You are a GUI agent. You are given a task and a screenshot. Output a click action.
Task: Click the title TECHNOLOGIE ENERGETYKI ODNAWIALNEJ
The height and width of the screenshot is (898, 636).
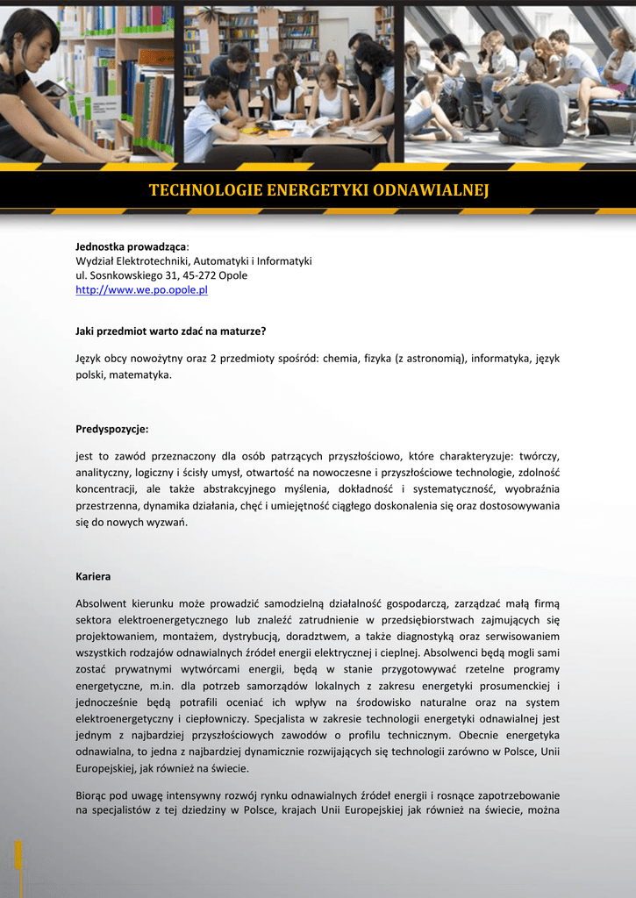pos(318,190)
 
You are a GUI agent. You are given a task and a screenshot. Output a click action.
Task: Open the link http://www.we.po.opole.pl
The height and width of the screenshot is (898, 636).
pos(141,290)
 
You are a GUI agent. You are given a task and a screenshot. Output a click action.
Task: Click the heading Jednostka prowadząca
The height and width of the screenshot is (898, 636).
pos(131,247)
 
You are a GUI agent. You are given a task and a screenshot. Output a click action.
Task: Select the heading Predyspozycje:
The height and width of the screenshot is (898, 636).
pos(112,429)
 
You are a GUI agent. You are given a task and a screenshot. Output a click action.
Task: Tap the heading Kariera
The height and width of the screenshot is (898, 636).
pos(93,576)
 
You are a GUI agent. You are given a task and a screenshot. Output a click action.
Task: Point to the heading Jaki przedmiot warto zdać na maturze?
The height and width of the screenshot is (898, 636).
pos(170,331)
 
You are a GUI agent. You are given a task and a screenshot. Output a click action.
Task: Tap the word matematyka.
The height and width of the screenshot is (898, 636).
pos(140,374)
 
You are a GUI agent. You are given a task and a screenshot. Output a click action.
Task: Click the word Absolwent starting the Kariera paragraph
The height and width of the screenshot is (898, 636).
pos(102,603)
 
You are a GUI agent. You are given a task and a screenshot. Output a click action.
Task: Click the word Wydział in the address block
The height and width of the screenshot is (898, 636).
pos(96,261)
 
